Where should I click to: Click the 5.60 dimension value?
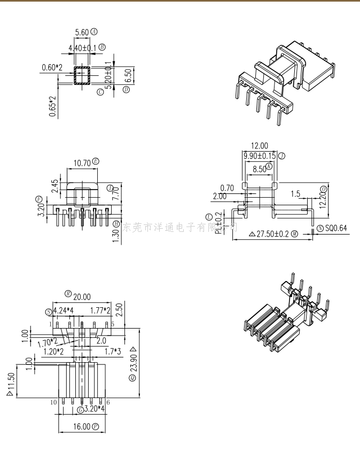(x=82, y=33)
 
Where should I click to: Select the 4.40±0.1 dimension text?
(x=83, y=48)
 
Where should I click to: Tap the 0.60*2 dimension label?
(x=52, y=67)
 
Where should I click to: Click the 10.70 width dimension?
(x=81, y=162)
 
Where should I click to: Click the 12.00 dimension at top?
(x=260, y=145)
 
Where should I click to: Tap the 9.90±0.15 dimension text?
(x=260, y=156)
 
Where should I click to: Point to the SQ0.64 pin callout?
(x=335, y=229)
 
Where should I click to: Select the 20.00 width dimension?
(x=82, y=297)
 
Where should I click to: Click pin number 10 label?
(x=53, y=402)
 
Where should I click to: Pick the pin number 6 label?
(x=108, y=402)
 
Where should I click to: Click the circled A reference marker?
(x=95, y=32)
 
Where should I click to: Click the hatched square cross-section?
(x=82, y=75)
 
